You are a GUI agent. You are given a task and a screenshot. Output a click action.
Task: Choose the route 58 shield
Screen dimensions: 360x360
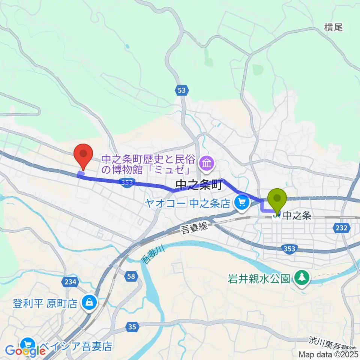tap(130, 276)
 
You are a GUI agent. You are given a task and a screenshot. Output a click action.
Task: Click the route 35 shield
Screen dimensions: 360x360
tap(132, 327)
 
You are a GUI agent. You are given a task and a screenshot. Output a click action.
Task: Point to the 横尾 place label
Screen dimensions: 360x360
tap(333, 27)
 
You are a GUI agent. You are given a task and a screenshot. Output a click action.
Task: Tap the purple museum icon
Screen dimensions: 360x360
tap(207, 163)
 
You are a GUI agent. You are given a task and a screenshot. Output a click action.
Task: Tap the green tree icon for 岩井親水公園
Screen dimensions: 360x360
tap(301, 277)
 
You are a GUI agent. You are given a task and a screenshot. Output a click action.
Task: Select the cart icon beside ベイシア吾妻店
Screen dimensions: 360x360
tap(28, 344)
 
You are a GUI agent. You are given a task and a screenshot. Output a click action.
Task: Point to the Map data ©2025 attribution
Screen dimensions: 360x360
tap(328, 354)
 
